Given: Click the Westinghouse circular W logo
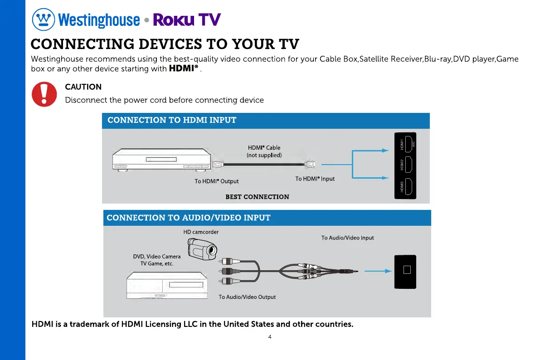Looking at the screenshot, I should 43,20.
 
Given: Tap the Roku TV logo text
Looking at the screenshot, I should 187,20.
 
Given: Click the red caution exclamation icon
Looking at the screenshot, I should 44,94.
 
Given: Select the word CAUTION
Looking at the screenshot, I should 83,87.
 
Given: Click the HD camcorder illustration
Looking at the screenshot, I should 202,248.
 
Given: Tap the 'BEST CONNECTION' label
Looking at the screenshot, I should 257,197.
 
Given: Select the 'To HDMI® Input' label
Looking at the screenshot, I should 315,179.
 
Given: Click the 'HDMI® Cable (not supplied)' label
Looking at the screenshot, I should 264,151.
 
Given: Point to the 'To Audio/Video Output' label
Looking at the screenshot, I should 247,297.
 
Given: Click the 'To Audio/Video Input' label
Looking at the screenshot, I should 347,238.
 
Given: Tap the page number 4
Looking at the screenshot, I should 270,337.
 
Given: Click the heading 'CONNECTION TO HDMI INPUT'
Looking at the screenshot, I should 172,120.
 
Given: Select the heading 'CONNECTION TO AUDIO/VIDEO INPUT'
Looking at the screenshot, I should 188,218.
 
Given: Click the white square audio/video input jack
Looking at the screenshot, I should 407,270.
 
